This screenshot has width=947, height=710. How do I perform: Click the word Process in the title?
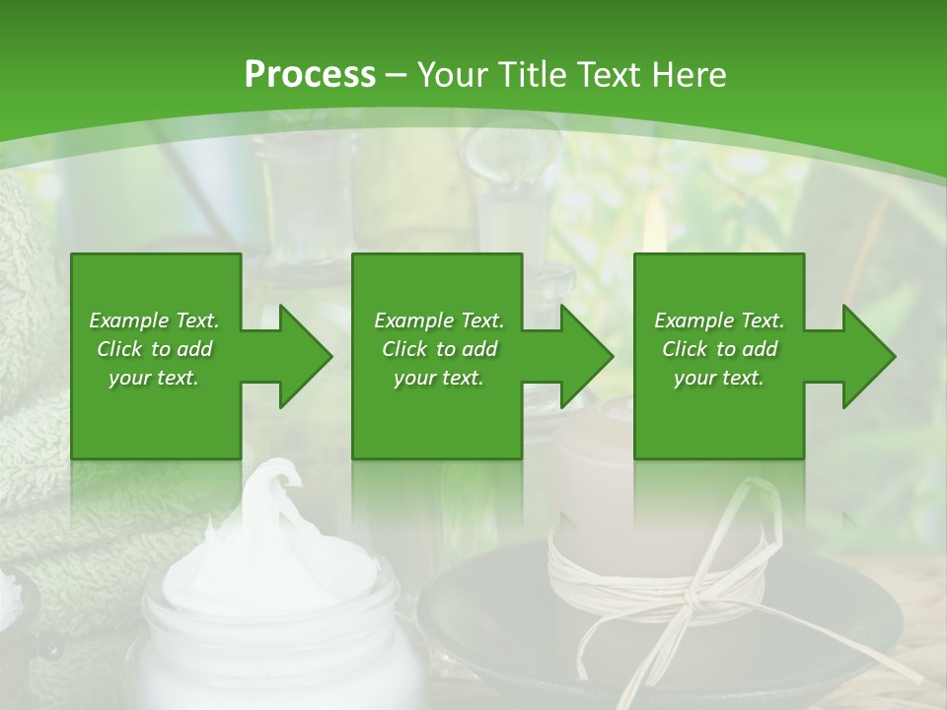pyautogui.click(x=310, y=75)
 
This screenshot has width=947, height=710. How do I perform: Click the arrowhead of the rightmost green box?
pyautogui.click(x=867, y=356)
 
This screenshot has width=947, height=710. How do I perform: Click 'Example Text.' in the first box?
pyautogui.click(x=154, y=320)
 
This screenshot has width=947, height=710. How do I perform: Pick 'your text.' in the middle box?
pyautogui.click(x=438, y=378)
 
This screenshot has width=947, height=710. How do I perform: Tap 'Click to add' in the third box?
pyautogui.click(x=719, y=349)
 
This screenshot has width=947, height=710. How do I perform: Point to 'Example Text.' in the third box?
pyautogui.click(x=719, y=320)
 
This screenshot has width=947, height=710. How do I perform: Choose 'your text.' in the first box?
pyautogui.click(x=154, y=378)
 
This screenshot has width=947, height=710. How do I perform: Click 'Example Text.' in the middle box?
pyautogui.click(x=438, y=320)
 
